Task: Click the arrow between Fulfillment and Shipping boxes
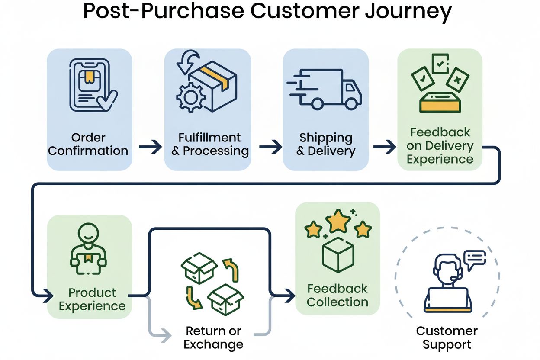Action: (270, 148)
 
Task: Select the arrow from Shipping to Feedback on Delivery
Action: (384, 148)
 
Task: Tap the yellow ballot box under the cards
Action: (440, 102)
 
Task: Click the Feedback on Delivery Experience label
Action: (440, 146)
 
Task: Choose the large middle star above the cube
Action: (338, 222)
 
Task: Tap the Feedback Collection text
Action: (337, 295)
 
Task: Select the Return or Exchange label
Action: (213, 338)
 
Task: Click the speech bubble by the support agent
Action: (474, 258)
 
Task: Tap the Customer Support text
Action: (447, 338)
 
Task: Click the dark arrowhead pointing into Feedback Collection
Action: (287, 297)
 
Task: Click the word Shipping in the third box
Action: (326, 138)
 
